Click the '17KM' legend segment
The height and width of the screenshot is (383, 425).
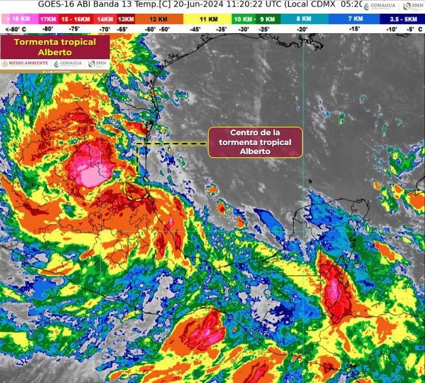click(48, 20)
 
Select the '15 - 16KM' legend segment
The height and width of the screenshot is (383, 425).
click(75, 20)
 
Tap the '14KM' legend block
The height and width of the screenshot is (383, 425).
click(104, 20)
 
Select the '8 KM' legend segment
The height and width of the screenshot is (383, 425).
click(302, 20)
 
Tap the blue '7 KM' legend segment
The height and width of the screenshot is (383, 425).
click(354, 20)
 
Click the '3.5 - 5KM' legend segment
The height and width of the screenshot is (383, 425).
click(402, 20)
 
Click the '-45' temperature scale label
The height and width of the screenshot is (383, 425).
click(194, 29)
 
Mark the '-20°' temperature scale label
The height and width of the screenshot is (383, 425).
click(302, 29)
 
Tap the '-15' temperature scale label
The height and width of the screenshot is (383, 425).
click(354, 29)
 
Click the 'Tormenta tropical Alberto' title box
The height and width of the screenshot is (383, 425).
click(55, 47)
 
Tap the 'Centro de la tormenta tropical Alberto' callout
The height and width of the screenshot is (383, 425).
click(255, 142)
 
